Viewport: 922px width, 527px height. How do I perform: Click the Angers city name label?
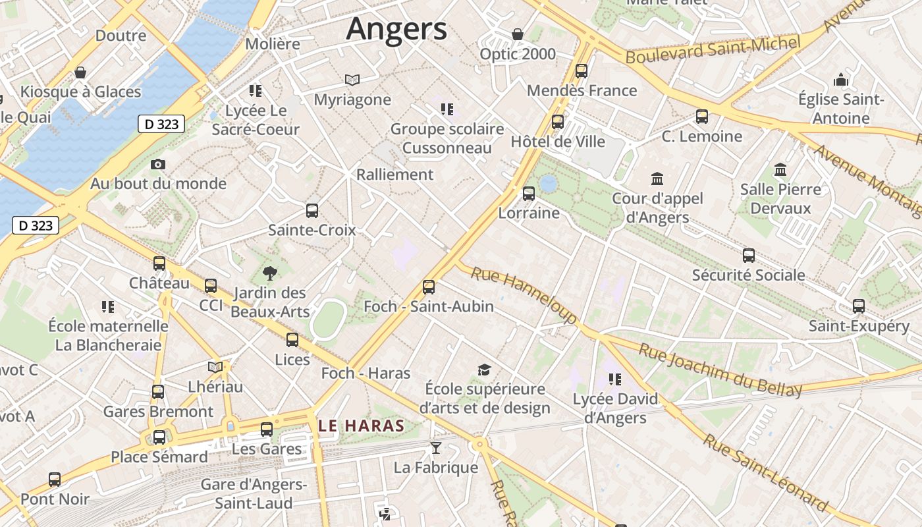point(396,29)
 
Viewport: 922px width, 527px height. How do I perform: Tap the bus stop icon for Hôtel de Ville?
point(558,122)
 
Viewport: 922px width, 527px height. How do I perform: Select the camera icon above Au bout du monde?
point(158,164)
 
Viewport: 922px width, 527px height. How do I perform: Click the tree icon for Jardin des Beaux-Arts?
point(270,273)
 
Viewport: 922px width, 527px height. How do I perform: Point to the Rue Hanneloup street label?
point(524,296)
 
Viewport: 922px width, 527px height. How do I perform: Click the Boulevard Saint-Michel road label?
point(713,50)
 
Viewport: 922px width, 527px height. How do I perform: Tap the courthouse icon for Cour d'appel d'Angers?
point(657,179)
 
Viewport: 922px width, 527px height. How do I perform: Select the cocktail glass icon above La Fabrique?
point(435,449)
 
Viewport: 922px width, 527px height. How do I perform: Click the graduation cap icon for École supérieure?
point(485,370)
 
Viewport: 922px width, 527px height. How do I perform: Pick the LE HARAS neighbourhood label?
point(361,426)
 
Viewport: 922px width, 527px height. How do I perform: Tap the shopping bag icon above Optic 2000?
point(518,34)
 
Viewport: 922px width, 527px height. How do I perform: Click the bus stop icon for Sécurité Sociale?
point(749,256)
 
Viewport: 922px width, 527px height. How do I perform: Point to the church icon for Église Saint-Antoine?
point(841,80)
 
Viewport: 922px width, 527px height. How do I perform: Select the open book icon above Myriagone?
point(352,80)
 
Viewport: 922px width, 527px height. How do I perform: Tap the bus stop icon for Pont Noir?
point(55,480)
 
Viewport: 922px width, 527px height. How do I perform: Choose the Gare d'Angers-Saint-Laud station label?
point(254,494)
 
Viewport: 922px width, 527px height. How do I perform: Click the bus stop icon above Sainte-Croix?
point(312,211)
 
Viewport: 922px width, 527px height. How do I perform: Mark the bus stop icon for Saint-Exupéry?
point(859,306)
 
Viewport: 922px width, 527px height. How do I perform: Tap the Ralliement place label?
point(394,175)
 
